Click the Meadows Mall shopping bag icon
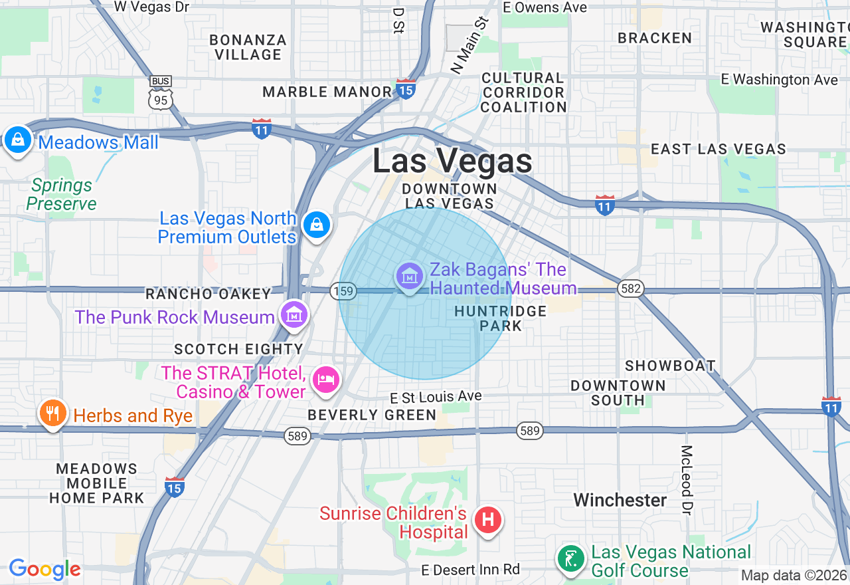(18, 140)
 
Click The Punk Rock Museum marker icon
(294, 314)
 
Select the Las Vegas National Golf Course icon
(570, 559)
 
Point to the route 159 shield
(344, 291)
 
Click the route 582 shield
(629, 288)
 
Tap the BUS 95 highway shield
(161, 92)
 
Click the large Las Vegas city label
(452, 162)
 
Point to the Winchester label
(620, 500)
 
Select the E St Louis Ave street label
(436, 397)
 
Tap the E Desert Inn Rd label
(471, 570)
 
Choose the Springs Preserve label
(62, 194)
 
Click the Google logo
(44, 569)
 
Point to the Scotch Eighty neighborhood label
(238, 349)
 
